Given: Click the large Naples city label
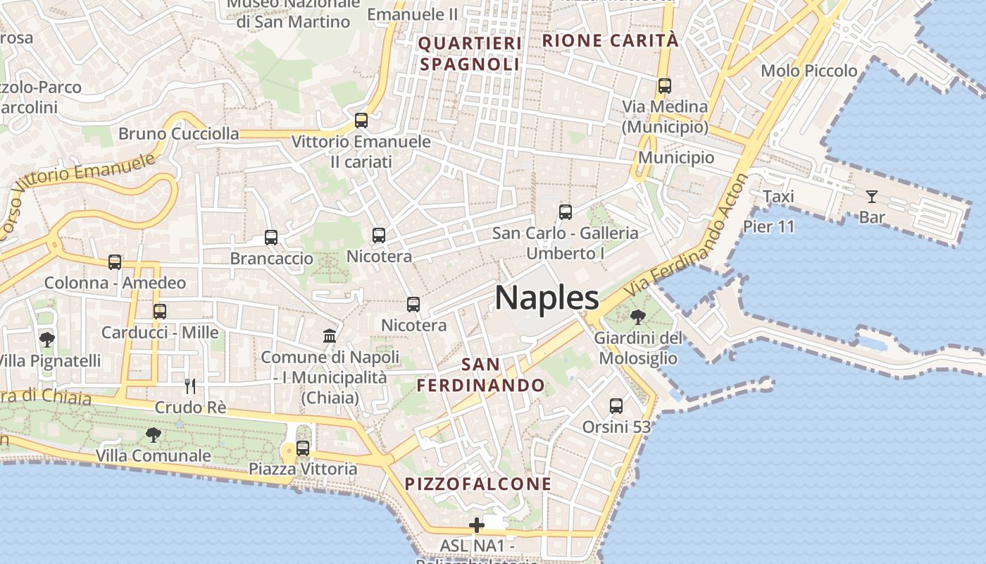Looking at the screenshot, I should (547, 298).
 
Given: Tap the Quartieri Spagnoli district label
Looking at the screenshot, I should (470, 54).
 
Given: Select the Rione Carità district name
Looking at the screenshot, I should (610, 40).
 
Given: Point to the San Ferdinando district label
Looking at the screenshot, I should (481, 374).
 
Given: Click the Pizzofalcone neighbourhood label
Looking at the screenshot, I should (478, 484).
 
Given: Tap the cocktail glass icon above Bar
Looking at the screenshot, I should (872, 196).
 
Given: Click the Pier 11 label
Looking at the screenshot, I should (768, 226).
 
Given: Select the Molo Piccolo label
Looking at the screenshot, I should (809, 70).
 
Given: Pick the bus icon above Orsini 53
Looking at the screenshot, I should (616, 406).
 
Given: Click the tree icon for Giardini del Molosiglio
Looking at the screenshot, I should (638, 317).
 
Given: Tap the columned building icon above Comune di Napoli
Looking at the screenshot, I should (330, 336).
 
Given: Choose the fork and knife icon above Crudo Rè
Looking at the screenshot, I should (190, 386).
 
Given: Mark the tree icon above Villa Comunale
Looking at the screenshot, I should (153, 434).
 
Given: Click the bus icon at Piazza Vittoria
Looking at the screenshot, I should (303, 448).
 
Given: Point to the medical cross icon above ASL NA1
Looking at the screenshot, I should (477, 525).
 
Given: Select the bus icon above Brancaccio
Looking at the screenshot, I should (271, 238).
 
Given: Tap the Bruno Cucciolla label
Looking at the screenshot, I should (178, 133).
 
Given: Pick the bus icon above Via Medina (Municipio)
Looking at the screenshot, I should (664, 86).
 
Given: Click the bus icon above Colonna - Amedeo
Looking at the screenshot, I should (115, 262).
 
